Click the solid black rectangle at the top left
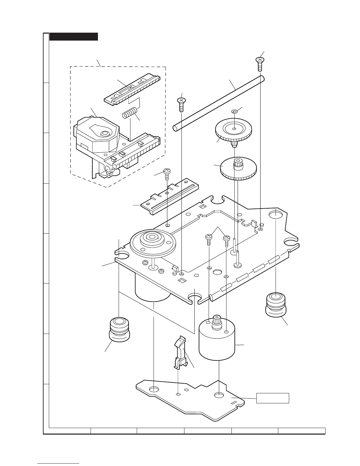click(x=74, y=36)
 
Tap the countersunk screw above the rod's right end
click(x=259, y=63)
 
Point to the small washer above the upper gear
click(x=234, y=112)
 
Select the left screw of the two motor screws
click(x=209, y=239)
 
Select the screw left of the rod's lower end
click(x=181, y=104)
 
